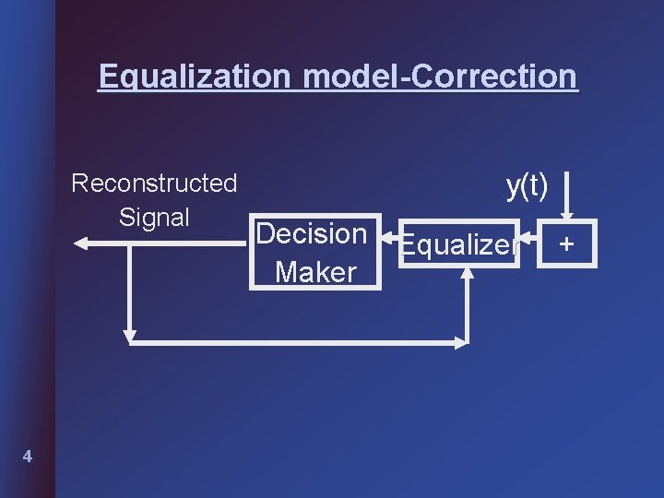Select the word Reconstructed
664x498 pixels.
154,184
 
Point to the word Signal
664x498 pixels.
154,218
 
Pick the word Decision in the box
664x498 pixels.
312,234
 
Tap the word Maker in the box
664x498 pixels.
315,272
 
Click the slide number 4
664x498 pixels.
29,456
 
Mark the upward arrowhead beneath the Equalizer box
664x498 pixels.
469,278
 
